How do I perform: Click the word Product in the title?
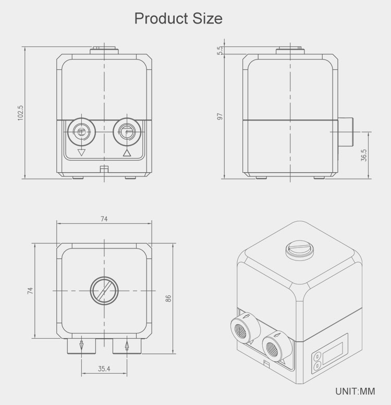click(161, 19)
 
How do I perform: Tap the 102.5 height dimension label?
click(20, 113)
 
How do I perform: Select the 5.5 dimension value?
click(220, 51)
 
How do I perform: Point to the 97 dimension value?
click(220, 116)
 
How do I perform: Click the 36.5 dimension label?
click(364, 155)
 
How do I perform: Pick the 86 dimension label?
click(168, 299)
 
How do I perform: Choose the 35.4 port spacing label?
click(104, 368)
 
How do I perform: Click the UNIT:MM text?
click(355, 391)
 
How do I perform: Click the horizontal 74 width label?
click(104, 219)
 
